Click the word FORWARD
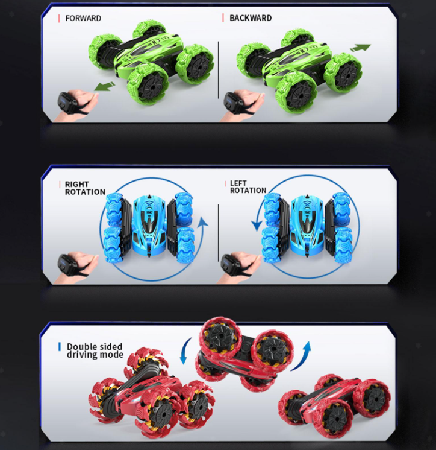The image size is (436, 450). pyautogui.click(x=83, y=18)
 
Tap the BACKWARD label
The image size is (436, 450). pyautogui.click(x=251, y=17)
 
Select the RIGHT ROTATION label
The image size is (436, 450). pyautogui.click(x=85, y=188)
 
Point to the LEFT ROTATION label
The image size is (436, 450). pyautogui.click(x=248, y=187)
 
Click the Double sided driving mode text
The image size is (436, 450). pyautogui.click(x=95, y=350)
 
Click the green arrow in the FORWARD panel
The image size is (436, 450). pyautogui.click(x=105, y=86)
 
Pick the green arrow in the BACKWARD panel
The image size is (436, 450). pyautogui.click(x=360, y=48)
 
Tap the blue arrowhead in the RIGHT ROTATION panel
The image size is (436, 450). pyautogui.click(x=203, y=222)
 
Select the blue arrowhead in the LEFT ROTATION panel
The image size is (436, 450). pyautogui.click(x=257, y=226)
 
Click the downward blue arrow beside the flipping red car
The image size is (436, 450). pyautogui.click(x=185, y=351)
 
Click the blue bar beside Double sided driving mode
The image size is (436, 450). pyautogui.click(x=60, y=347)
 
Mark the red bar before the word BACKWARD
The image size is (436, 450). pyautogui.click(x=223, y=17)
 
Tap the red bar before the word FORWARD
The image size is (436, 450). pyautogui.click(x=59, y=18)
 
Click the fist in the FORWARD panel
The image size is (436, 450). pyautogui.click(x=86, y=101)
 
